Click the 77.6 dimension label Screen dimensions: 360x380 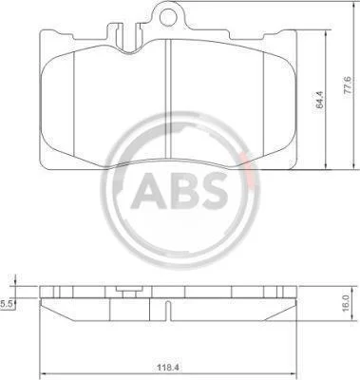(347, 85)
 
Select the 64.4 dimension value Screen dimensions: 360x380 (320, 100)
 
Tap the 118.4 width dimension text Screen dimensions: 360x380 (167, 368)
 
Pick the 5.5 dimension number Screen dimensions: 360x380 (6, 304)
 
